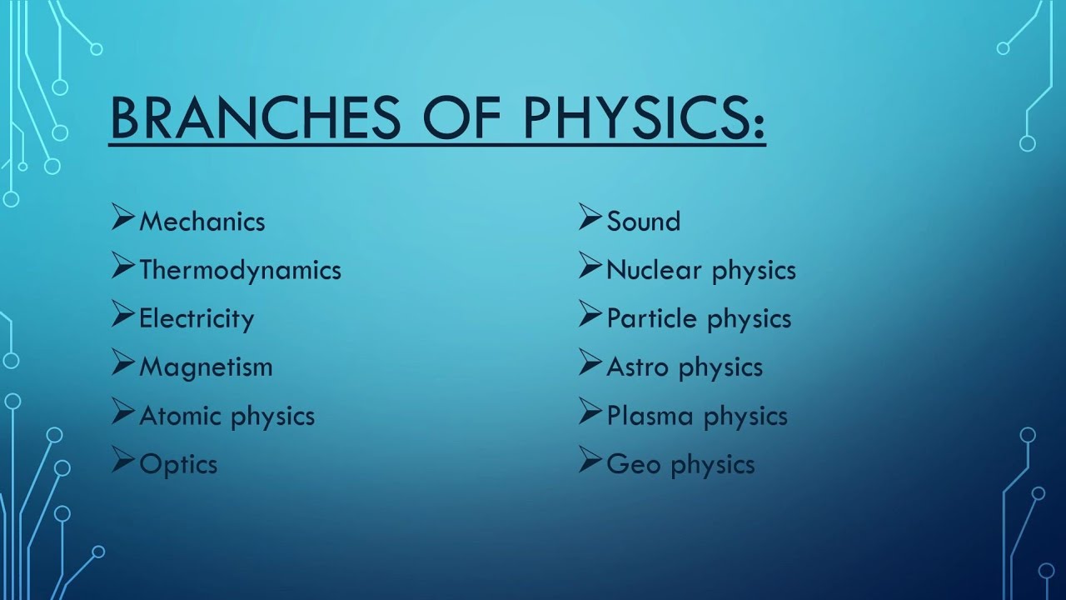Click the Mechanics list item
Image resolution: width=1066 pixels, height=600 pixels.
coord(202,222)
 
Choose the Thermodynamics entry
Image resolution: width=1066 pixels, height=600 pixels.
coord(240,270)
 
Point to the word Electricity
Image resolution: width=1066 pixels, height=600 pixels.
coord(197,318)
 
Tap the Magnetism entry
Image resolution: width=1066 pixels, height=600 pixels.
coord(206,367)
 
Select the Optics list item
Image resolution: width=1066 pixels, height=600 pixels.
coord(178,464)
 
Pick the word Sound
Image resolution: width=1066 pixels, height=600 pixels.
coord(643,222)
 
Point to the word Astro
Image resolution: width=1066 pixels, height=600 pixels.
coord(638,367)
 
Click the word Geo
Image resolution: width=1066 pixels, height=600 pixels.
coord(633,464)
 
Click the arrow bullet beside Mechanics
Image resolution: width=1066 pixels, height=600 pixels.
coord(122,218)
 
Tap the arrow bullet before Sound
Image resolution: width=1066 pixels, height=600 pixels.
coord(590,218)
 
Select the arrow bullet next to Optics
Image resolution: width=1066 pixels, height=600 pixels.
coord(122,461)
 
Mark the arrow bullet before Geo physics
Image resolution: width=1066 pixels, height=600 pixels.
coord(590,461)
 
